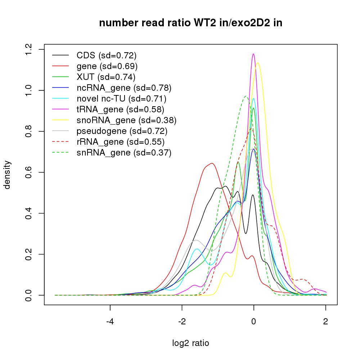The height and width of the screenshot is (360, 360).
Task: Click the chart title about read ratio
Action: coord(191,23)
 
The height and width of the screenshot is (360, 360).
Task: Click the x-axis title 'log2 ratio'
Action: coord(191,343)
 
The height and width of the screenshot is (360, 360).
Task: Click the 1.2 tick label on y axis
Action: coord(29,49)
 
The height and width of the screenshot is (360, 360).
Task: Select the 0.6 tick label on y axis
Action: coord(29,172)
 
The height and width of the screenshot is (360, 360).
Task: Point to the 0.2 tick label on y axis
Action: coord(29,254)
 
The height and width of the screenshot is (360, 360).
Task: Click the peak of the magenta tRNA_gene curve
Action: coord(253,54)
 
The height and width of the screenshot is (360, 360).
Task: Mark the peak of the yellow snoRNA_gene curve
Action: coord(258,63)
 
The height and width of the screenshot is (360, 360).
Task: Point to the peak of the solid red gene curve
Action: coord(212,163)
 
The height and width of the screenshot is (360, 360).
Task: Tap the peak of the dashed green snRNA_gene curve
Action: coord(246,96)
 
